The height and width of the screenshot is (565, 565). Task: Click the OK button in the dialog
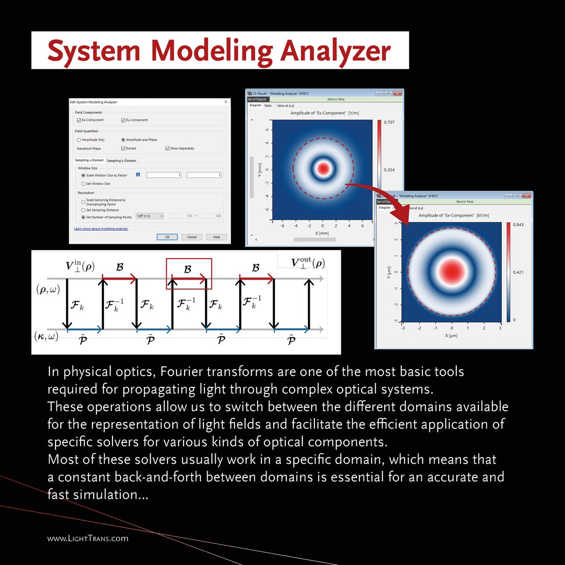click(167, 237)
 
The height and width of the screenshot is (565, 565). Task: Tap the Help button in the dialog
click(216, 237)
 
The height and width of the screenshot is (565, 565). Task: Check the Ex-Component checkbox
click(79, 120)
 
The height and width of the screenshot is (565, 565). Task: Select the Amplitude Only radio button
click(79, 140)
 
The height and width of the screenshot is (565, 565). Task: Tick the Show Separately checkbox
click(167, 148)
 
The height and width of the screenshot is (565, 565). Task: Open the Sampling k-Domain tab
click(121, 161)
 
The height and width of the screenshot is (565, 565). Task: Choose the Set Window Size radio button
click(83, 184)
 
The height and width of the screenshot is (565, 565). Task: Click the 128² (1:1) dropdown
click(149, 216)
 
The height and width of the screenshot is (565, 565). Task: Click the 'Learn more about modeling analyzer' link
click(101, 229)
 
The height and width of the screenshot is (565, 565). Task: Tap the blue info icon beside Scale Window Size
click(138, 175)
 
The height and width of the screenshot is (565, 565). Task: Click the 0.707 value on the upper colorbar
click(389, 122)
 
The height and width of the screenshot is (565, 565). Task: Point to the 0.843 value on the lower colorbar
click(518, 225)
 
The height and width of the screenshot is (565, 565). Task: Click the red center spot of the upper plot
click(323, 168)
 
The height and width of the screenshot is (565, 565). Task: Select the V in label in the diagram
click(80, 266)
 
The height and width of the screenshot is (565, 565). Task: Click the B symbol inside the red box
click(187, 269)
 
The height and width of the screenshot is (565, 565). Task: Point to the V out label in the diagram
click(307, 263)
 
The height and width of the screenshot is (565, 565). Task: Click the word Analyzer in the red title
click(335, 51)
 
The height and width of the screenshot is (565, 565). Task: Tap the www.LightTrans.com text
click(88, 538)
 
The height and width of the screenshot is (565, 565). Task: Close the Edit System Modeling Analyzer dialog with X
click(226, 102)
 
